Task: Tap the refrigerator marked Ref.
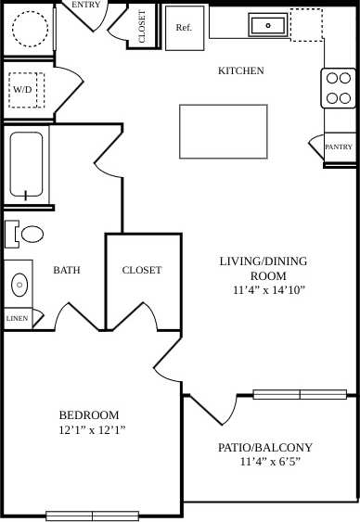(184, 28)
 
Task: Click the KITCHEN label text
(240, 70)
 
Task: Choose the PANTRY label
(340, 146)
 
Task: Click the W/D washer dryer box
(23, 90)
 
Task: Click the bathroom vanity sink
(19, 283)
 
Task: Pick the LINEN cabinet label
(17, 318)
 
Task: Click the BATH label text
(66, 271)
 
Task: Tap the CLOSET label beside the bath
(142, 270)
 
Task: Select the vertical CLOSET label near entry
(142, 26)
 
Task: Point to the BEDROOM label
(89, 414)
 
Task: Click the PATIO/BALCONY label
(265, 447)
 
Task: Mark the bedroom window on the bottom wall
(92, 516)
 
